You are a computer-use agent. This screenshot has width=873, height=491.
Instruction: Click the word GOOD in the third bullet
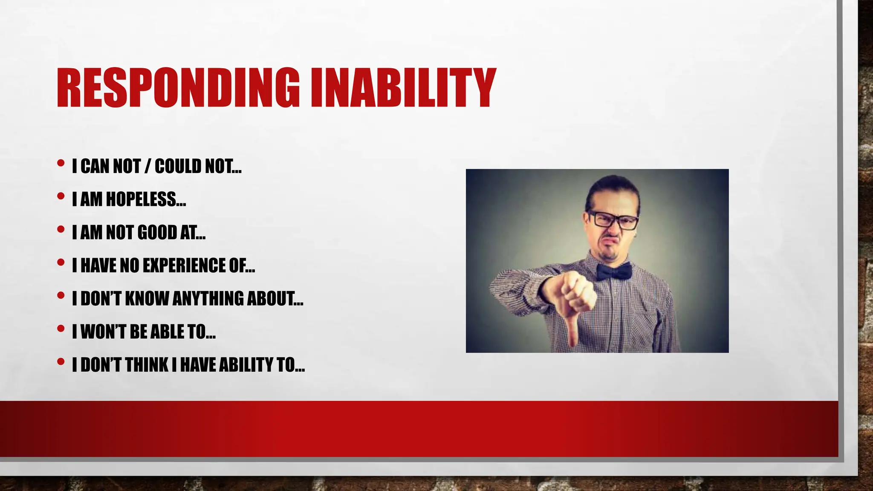156,232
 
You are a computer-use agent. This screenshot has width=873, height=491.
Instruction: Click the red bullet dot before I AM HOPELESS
61,196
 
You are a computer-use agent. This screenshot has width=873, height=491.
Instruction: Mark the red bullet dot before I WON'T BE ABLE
61,329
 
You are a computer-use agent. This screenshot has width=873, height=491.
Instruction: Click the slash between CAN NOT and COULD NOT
147,166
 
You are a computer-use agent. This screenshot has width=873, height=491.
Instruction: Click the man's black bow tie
613,271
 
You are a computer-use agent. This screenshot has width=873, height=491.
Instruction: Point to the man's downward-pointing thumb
572,330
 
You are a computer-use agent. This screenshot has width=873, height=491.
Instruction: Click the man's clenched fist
575,292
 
